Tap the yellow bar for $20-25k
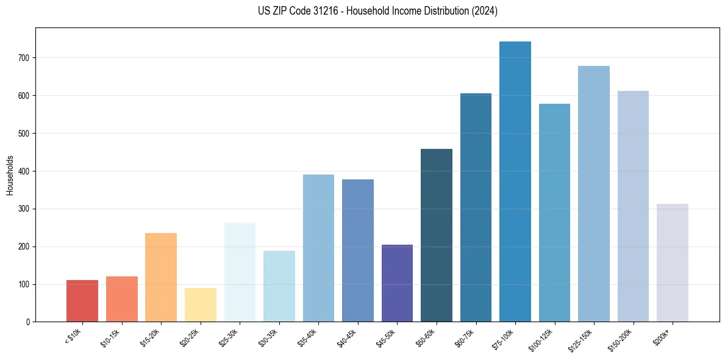coord(201,304)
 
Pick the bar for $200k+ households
coord(673,263)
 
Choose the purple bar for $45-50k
coord(397,283)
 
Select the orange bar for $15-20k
coord(161,278)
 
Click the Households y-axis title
coord(10,175)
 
